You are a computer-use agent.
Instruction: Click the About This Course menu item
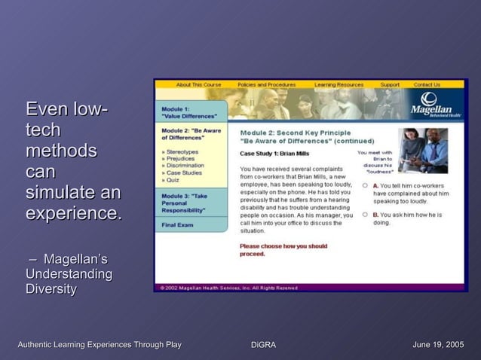click(198, 84)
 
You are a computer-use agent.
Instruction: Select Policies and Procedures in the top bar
click(266, 84)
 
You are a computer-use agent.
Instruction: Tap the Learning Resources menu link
click(339, 84)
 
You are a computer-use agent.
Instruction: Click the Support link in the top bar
click(390, 84)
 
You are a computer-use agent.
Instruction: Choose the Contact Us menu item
click(427, 84)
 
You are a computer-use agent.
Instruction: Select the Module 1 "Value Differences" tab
click(189, 112)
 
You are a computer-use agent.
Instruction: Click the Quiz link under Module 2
click(171, 180)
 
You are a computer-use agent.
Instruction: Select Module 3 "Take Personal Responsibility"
click(189, 203)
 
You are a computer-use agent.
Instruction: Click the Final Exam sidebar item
click(178, 224)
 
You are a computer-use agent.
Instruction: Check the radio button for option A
click(365, 185)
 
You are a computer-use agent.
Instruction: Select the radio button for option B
click(365, 214)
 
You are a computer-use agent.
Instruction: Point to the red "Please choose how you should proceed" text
click(283, 250)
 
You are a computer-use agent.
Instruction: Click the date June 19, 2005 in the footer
click(438, 345)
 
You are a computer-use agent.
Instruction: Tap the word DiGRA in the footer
click(263, 345)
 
